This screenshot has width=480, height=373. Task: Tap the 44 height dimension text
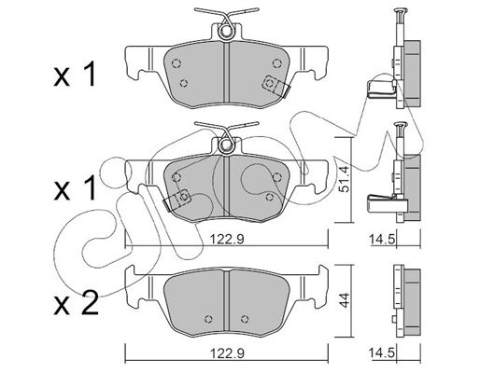345,300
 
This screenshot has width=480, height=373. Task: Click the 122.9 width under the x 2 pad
226,353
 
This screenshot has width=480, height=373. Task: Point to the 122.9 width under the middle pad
226,239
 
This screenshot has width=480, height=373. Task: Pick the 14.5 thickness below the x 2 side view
382,353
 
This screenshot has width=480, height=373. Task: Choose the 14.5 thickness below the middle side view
382,239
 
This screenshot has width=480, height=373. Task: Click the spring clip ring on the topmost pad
226,31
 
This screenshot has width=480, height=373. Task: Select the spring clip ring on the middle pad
226,145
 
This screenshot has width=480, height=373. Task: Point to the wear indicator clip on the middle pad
177,200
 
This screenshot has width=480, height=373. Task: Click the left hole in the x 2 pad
209,319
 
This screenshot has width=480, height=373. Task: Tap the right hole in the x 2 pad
246,319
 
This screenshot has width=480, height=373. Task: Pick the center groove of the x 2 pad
226,302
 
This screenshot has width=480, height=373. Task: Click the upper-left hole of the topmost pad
176,63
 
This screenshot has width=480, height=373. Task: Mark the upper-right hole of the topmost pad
276,63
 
